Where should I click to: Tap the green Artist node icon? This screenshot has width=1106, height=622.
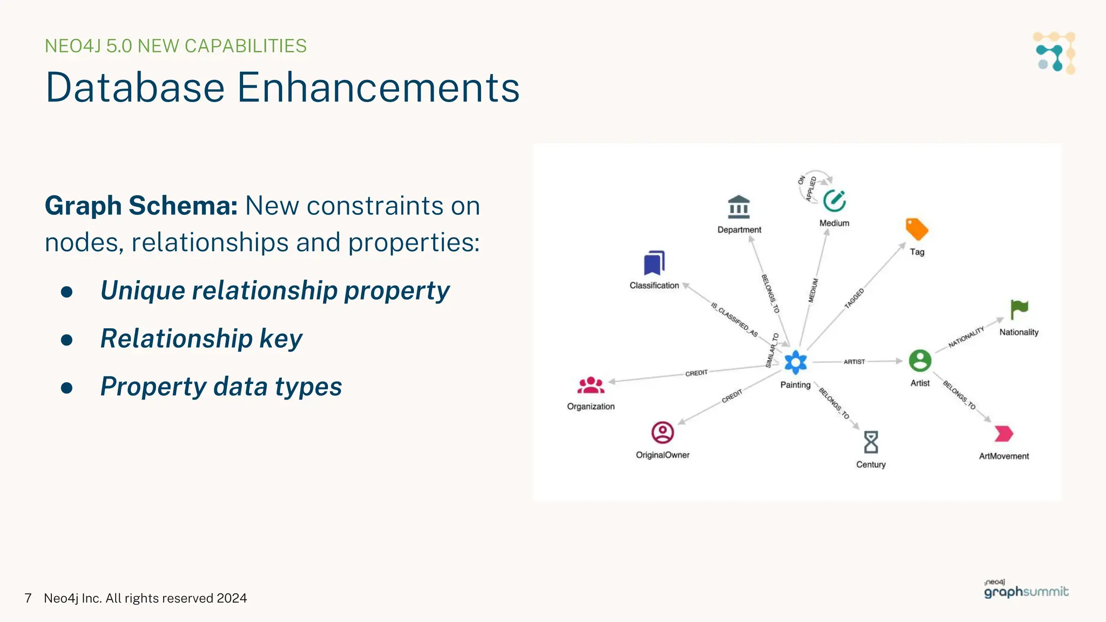[x=920, y=361]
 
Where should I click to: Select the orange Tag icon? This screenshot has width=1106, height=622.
[x=916, y=229]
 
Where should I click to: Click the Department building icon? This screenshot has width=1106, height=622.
[x=739, y=207]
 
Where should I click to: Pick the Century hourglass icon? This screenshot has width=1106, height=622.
[x=871, y=442]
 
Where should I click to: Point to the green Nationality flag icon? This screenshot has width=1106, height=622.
[x=1019, y=309]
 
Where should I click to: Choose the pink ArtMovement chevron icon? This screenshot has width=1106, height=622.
[x=1003, y=434]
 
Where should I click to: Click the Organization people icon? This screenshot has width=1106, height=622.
[x=591, y=386]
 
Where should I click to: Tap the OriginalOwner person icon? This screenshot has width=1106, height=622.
[x=663, y=432]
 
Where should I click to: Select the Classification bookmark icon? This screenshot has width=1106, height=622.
[x=654, y=263]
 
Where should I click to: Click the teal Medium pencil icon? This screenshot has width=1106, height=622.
[x=834, y=201]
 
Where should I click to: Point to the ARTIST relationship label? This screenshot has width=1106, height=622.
[x=854, y=362]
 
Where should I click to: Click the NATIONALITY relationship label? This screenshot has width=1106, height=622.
[x=966, y=337]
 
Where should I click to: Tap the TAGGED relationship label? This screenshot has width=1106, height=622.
[x=854, y=299]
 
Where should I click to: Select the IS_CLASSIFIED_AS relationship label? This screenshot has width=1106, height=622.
[x=734, y=319]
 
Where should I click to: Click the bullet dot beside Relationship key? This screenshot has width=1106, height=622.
[x=67, y=340]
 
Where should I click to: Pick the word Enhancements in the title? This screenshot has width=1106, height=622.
[x=378, y=87]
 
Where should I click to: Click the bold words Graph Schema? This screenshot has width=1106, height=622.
[x=141, y=206]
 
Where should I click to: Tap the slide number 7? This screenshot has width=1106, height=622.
[x=28, y=598]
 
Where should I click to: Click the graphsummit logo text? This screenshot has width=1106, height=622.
[x=1026, y=592]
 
